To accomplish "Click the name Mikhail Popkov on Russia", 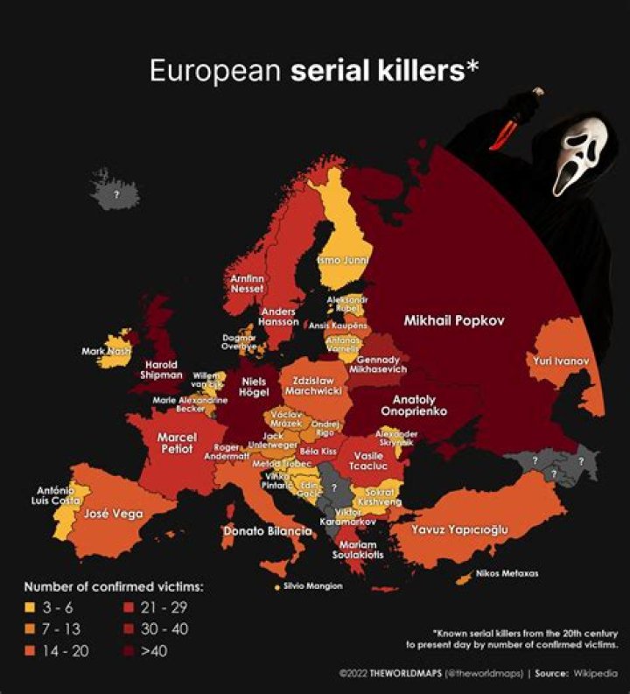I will coord(454,321).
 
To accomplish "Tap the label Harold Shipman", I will coord(161,369).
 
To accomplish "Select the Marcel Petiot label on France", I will coord(177,443).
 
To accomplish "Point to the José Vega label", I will coord(114,515).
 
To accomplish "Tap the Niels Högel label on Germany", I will coord(254,387).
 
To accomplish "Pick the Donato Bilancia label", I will coord(267,531).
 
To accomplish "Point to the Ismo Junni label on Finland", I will coord(342,260).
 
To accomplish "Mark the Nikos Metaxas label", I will coord(507,574).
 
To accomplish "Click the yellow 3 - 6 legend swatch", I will coord(31,606).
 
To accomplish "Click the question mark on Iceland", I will coord(115,194).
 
